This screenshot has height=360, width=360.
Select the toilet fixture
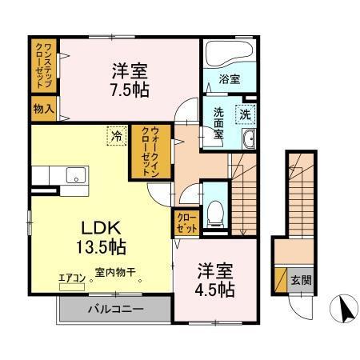tap(214, 209)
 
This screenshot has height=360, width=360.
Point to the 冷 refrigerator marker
tap(118, 137)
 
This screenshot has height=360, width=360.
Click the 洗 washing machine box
tap(245, 114)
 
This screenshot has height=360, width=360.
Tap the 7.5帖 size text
tap(130, 87)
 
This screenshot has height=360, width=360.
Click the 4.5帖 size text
tap(214, 289)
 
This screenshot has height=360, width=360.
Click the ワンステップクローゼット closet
tap(44, 66)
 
